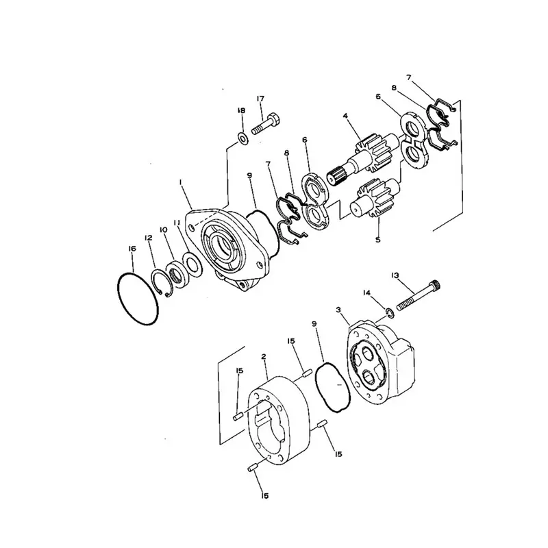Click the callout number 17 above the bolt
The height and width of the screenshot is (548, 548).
260,99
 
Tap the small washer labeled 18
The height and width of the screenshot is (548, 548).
241,139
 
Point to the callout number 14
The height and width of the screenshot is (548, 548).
366,292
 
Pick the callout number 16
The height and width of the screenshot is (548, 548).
133,249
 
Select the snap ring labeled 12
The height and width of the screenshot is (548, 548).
162,280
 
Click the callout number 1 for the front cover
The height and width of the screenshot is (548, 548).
179,182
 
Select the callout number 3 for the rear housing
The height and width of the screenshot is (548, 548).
338,310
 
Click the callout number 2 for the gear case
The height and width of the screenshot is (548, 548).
263,357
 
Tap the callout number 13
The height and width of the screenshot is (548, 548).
395,275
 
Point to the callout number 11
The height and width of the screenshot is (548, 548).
177,222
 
